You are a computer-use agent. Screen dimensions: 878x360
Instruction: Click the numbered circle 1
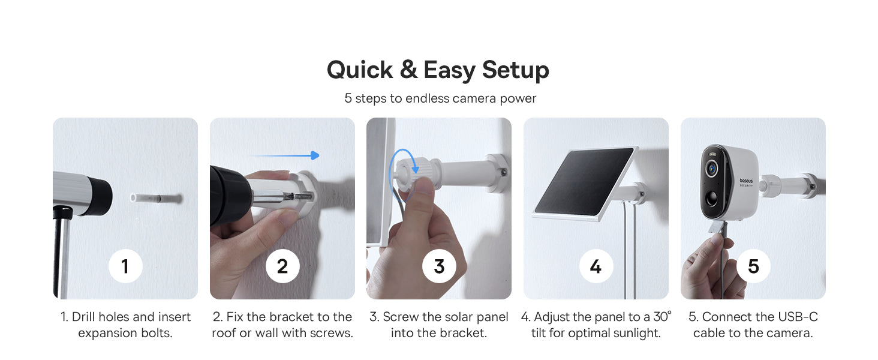coord(125,266)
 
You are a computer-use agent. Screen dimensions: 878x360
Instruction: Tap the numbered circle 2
coord(282,266)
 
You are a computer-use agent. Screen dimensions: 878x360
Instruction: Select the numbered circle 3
coord(440,266)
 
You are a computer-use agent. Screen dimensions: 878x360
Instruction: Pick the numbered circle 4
coord(596,266)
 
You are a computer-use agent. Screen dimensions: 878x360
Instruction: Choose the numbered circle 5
coord(753,266)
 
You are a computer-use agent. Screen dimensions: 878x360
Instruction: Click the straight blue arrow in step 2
coord(285,155)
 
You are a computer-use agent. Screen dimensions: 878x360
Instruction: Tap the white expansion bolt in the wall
coord(146,197)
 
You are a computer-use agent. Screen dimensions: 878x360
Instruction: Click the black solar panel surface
coord(585,181)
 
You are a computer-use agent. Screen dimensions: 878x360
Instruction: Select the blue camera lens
coord(711,169)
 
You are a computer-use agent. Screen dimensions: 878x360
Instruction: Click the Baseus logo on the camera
coord(746,181)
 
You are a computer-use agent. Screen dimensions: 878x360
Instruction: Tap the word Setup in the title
coord(515,71)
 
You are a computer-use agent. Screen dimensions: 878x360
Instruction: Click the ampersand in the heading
coord(408,70)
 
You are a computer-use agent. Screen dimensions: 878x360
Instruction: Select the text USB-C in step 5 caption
coord(798,316)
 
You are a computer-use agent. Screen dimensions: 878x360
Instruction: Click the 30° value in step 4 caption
coord(663,316)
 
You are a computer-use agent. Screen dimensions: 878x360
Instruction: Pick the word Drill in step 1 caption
coord(83,316)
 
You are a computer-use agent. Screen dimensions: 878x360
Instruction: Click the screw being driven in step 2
coord(303,196)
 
